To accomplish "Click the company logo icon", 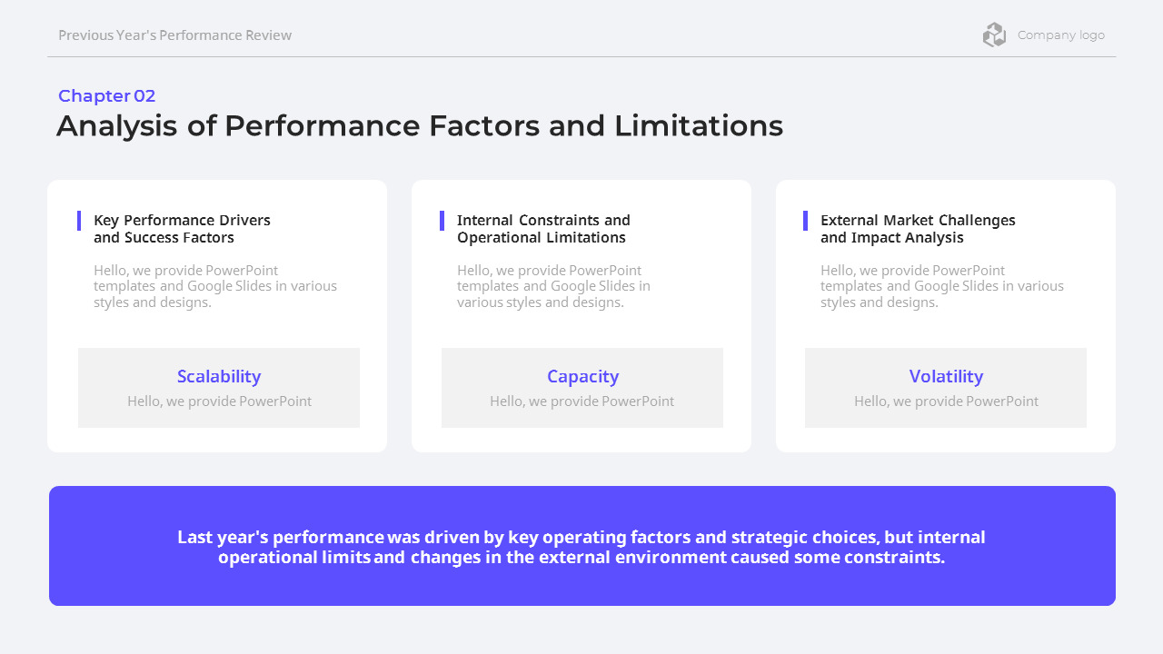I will click(x=994, y=35).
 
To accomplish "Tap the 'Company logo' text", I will click(x=1060, y=35).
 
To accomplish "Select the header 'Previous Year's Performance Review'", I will click(x=174, y=35).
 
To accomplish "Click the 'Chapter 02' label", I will click(x=106, y=96).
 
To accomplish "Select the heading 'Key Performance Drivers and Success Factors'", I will click(x=182, y=229).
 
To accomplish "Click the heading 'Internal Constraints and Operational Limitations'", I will click(x=543, y=229).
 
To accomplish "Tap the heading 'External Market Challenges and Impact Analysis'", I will click(x=918, y=229).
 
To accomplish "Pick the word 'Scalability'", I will click(x=219, y=376).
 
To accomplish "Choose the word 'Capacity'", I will click(x=582, y=376).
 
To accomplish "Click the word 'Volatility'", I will click(x=946, y=376).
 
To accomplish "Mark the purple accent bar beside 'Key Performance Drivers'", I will click(x=79, y=221).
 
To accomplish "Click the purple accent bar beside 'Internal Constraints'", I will click(x=442, y=221).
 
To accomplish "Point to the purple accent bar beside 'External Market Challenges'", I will click(x=806, y=221).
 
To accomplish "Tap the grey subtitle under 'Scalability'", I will click(x=219, y=401).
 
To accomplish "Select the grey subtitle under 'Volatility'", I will click(x=946, y=401).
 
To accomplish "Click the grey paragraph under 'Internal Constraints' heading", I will click(x=553, y=286).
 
